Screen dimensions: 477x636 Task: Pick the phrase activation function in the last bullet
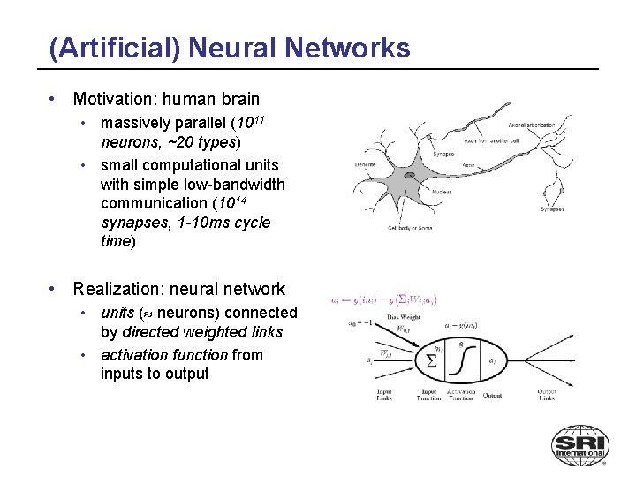point(164,355)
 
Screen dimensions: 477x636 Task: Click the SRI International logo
point(579,445)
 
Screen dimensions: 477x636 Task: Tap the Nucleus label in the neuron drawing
point(443,191)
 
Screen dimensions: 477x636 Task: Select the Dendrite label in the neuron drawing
point(365,164)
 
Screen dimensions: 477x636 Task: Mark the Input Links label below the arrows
point(383,394)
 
